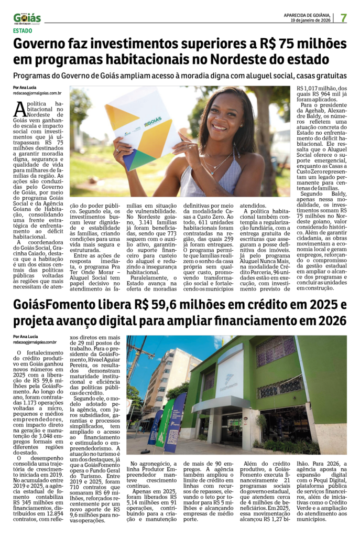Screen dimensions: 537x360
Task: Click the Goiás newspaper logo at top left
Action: (27, 18)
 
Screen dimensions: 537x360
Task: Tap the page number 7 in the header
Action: (344, 18)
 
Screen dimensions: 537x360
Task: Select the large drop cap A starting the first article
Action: (19, 109)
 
